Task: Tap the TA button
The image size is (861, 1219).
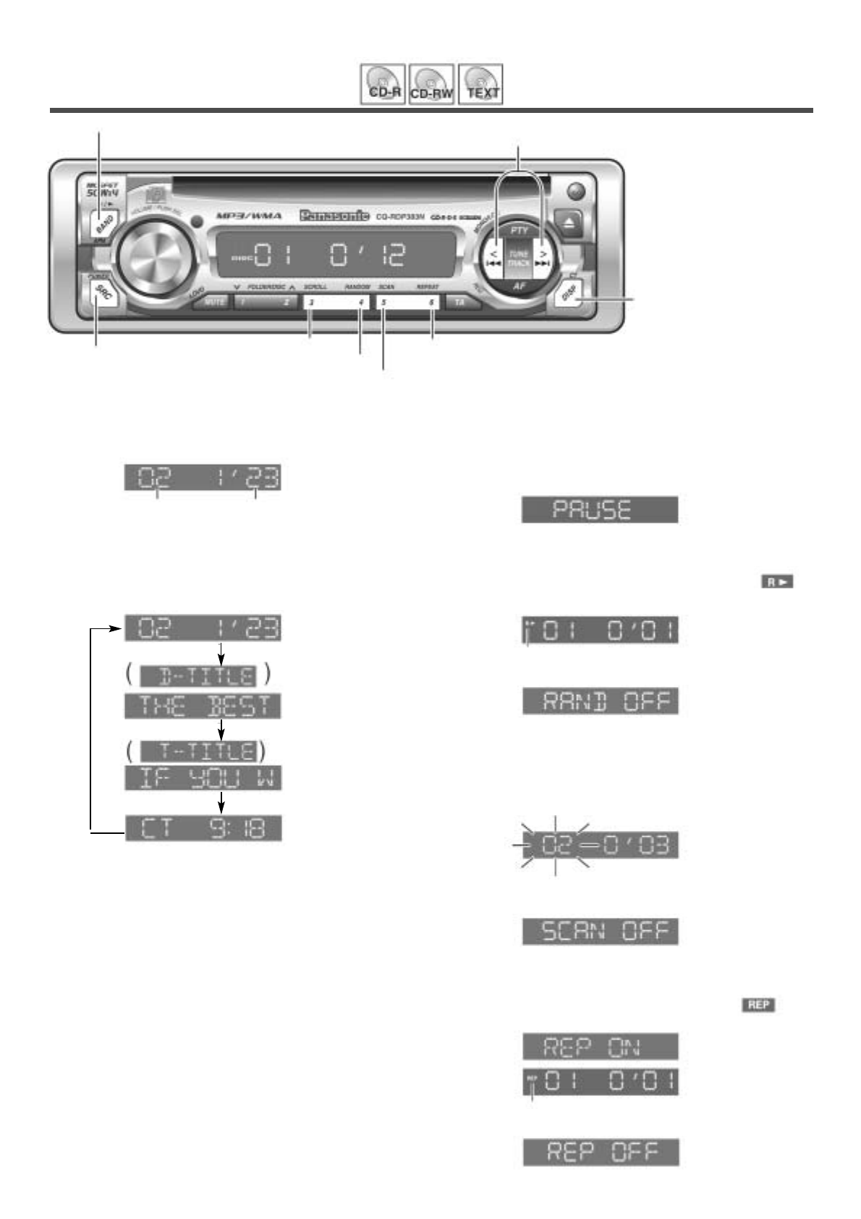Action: click(461, 303)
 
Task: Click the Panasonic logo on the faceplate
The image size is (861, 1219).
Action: click(334, 215)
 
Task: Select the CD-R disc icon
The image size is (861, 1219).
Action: click(382, 85)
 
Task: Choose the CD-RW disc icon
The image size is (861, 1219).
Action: click(431, 85)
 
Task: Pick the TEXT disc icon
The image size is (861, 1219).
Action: click(481, 85)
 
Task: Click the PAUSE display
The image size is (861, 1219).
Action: click(600, 510)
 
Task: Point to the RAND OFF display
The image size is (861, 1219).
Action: click(601, 701)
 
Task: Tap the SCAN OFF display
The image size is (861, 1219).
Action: click(601, 931)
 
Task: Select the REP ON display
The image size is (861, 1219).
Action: click(601, 1046)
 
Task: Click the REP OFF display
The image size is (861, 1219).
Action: click(601, 1152)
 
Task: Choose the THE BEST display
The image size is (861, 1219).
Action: click(203, 706)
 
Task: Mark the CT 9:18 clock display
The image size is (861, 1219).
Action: click(203, 828)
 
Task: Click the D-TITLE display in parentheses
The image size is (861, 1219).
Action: click(198, 676)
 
